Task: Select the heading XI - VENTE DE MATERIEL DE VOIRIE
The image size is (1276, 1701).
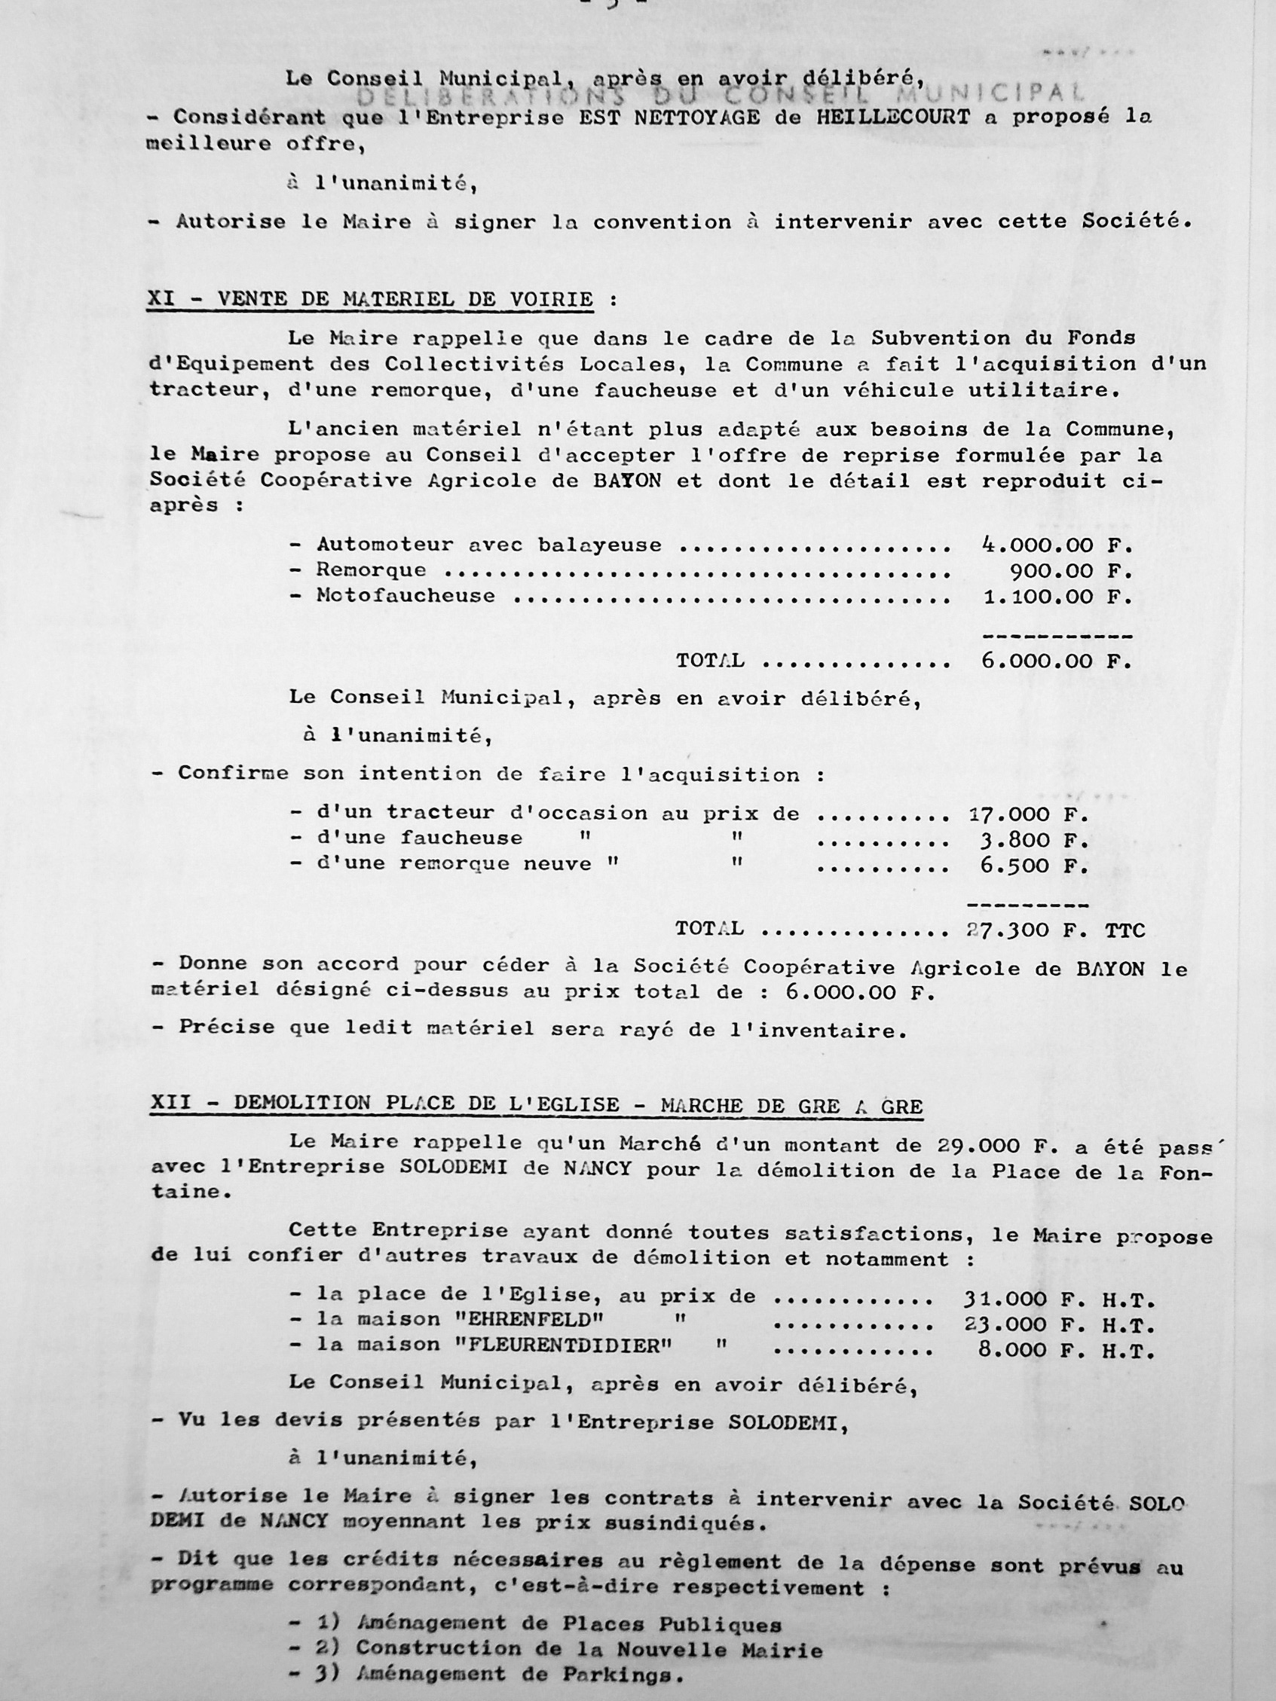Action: [370, 300]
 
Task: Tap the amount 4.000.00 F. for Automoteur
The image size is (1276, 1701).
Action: [1057, 546]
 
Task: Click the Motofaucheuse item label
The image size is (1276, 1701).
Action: [405, 596]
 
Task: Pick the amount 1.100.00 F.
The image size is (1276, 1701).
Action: [1057, 597]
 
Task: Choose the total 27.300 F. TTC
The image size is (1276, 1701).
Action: [1055, 930]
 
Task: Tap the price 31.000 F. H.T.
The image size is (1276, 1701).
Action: [1058, 1300]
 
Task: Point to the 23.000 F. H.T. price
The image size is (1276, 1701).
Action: [1058, 1326]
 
